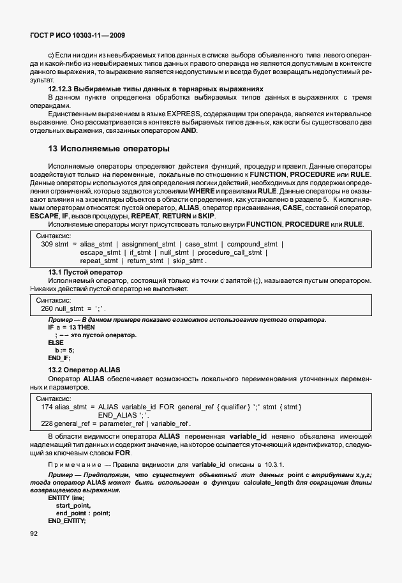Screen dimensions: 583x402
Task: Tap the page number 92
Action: (x=35, y=533)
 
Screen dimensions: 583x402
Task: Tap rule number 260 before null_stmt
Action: (x=47, y=308)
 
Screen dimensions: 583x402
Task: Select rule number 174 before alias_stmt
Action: (x=47, y=407)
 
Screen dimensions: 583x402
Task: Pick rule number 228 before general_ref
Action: (x=47, y=423)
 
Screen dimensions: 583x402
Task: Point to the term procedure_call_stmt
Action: (x=229, y=252)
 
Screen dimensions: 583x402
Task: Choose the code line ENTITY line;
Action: (x=66, y=497)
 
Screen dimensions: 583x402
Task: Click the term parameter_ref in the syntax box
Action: (x=119, y=423)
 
